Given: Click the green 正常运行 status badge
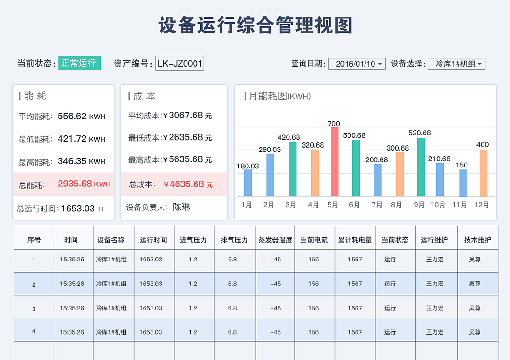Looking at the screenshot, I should tap(79, 63).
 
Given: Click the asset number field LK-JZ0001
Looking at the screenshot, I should tap(179, 64).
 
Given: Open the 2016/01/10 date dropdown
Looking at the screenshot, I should tap(357, 64).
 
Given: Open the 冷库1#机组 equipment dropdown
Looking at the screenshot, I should tap(456, 64).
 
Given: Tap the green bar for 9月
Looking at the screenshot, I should tap(421, 167).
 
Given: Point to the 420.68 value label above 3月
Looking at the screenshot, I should tap(289, 137).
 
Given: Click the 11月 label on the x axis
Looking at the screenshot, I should tap(459, 205).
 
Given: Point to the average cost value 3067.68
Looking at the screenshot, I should tap(186, 115).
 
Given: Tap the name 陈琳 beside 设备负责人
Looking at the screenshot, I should tap(182, 207).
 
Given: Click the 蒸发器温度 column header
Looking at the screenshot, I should tap(275, 240).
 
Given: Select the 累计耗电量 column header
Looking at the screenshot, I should tap(355, 240).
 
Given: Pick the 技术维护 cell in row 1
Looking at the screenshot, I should tap(475, 260).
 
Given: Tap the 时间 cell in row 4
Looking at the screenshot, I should tap(72, 332).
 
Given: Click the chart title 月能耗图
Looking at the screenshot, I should tap(268, 96).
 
